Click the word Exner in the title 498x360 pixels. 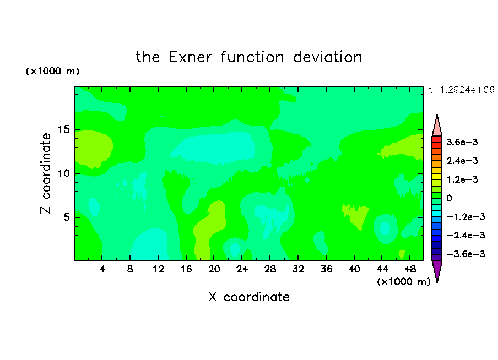coord(190,57)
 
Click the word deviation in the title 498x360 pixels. coord(327,57)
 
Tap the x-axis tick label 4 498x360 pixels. coord(102,270)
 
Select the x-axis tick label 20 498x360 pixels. coord(214,270)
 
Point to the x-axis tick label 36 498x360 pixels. coord(326,270)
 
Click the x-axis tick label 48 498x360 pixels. coord(410,270)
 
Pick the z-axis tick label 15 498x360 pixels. coord(63,129)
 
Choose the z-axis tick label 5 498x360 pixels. coord(66,217)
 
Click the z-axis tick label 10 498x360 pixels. coord(63,173)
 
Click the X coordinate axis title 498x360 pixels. coord(249,297)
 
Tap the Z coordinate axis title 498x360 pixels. coord(45,173)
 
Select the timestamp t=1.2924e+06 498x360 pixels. coord(461,90)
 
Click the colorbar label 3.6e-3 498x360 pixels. coord(462,142)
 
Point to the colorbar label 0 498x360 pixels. coord(449,198)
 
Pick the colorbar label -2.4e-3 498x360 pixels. coord(465,236)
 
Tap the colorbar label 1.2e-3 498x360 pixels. coord(462,179)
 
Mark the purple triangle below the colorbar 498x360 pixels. coord(437,270)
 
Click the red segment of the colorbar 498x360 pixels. coord(437,139)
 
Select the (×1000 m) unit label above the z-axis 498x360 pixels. coord(52,71)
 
